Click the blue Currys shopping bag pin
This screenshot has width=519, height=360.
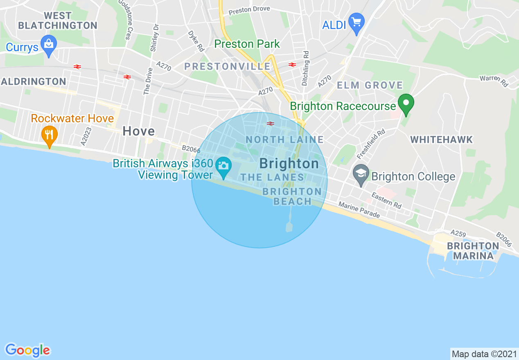pos(49,46)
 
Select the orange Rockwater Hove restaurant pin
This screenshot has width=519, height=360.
pos(49,135)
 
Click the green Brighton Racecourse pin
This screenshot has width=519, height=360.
pos(406,104)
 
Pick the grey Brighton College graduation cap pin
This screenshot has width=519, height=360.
pos(361,175)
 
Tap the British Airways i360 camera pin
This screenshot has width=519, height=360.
pos(223,167)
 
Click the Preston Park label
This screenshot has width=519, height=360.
pos(247,44)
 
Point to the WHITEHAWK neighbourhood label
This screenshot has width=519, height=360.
pos(441,139)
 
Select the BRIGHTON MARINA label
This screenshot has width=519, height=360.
pos(473,251)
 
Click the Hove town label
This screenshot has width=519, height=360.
pos(139,131)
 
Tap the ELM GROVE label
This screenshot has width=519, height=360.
pos(370,85)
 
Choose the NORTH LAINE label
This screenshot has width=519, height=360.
pos(285,139)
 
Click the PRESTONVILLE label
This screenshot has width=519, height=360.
pos(227,66)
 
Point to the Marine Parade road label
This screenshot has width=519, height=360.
pos(359,209)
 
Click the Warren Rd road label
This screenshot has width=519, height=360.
pos(494,81)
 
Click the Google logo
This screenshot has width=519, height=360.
pos(27,350)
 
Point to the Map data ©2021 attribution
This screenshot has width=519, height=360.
pos(484,354)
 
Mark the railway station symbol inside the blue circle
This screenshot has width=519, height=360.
pos(270,123)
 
